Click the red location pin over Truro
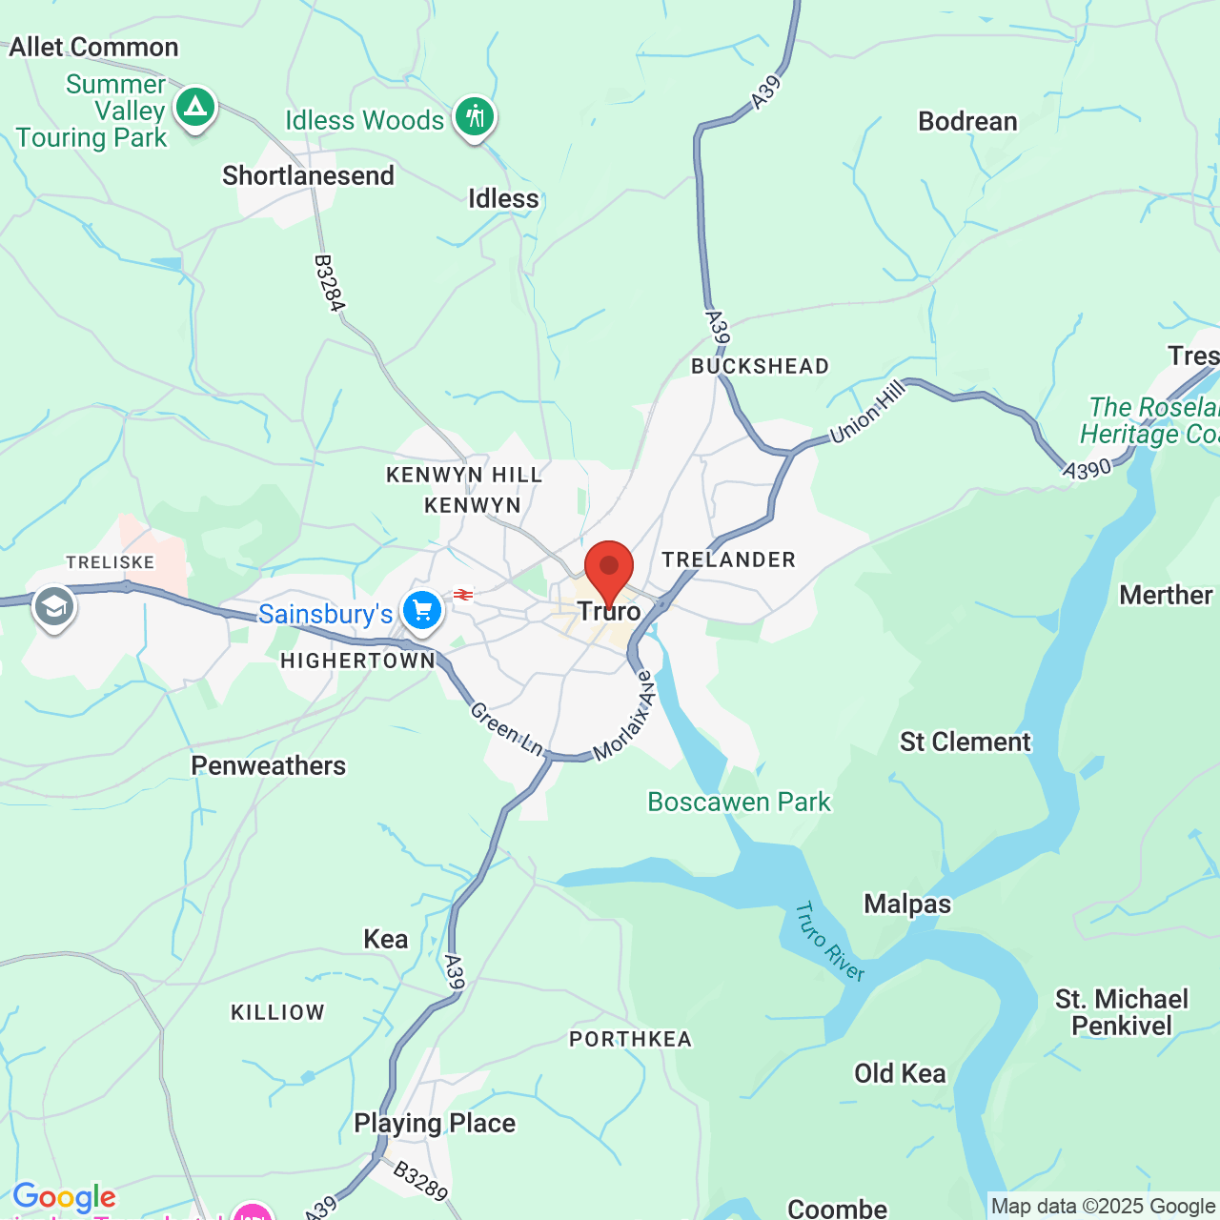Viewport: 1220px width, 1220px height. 608,568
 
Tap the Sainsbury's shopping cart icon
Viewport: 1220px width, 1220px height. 421,610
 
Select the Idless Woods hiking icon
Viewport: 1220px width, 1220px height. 474,117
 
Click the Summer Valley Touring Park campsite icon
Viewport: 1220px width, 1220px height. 195,107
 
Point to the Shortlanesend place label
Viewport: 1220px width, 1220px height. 308,176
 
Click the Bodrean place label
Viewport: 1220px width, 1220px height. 967,122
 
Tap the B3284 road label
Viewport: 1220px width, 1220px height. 328,283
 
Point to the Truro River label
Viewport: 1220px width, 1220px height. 829,942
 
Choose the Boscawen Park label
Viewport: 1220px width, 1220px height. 739,803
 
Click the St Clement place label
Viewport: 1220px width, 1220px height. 965,742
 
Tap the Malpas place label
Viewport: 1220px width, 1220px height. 907,904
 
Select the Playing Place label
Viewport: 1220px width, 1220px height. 435,1124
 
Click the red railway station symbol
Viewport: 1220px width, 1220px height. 463,595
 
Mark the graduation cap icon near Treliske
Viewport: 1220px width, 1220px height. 54,606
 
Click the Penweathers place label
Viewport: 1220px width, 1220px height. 268,766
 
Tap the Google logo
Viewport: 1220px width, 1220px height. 64,1197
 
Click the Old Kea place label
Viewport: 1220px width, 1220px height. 900,1074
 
